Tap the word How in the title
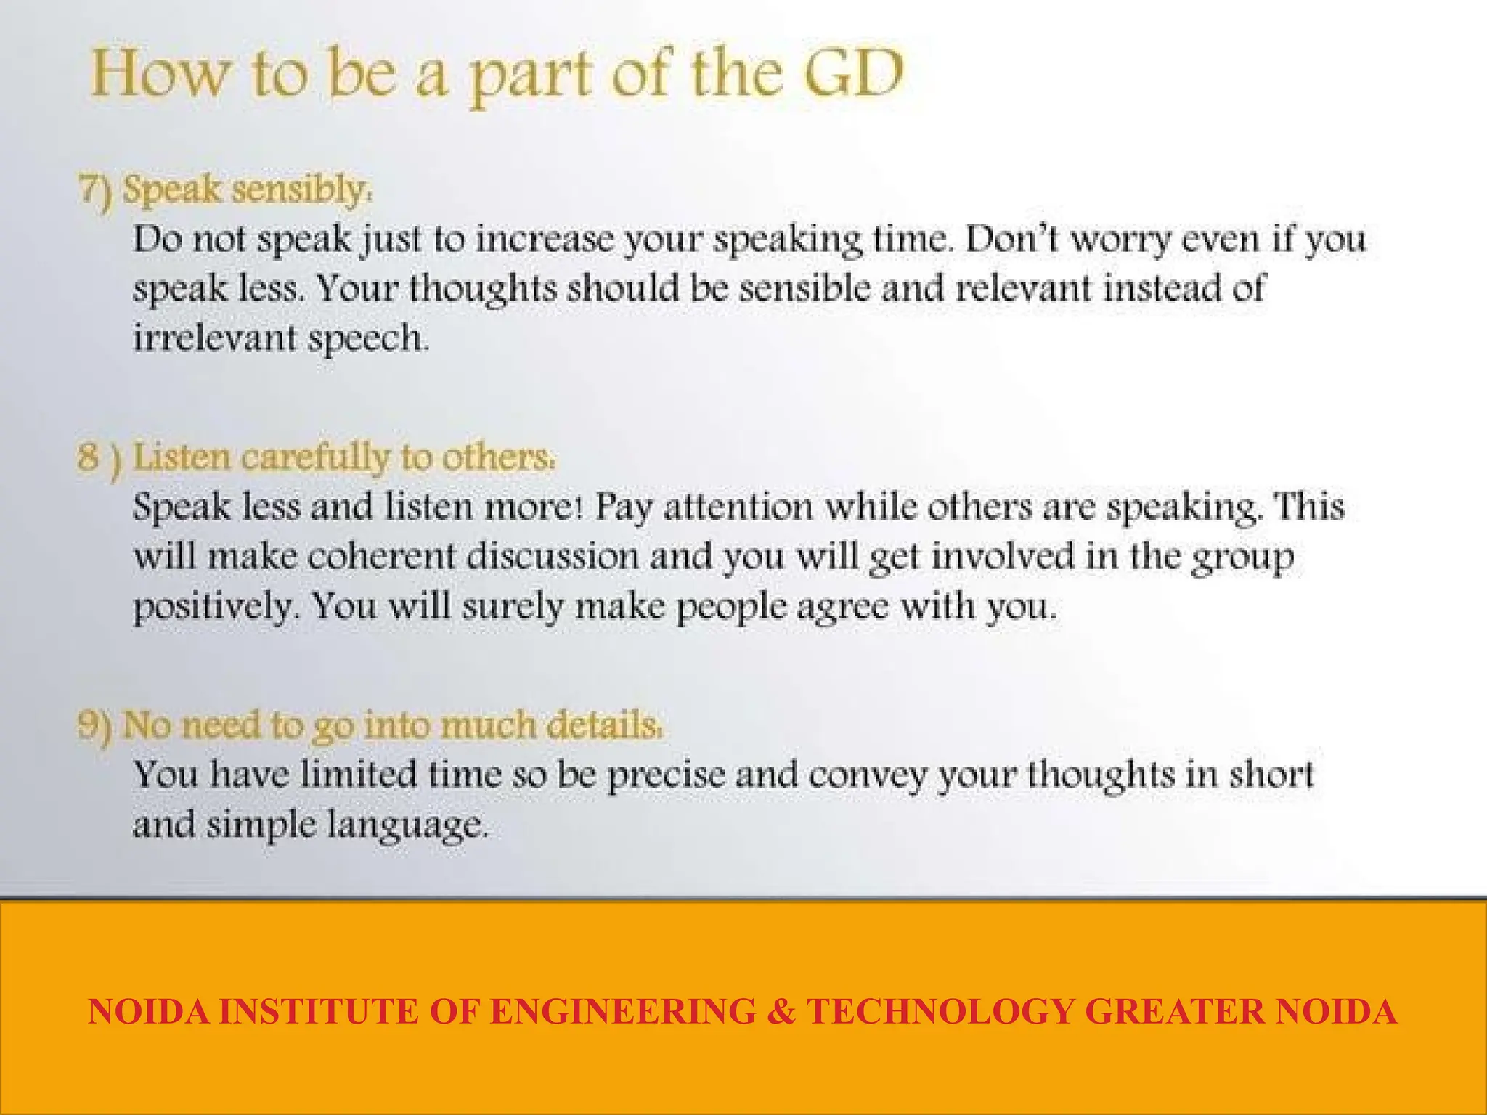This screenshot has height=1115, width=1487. tap(160, 74)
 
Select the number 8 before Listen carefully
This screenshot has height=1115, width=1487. tap(88, 457)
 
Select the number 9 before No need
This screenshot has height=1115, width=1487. tap(88, 725)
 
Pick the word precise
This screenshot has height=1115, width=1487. tap(666, 775)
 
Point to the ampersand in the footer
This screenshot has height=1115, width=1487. tap(781, 1011)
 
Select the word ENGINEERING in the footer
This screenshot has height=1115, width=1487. tap(623, 1011)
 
